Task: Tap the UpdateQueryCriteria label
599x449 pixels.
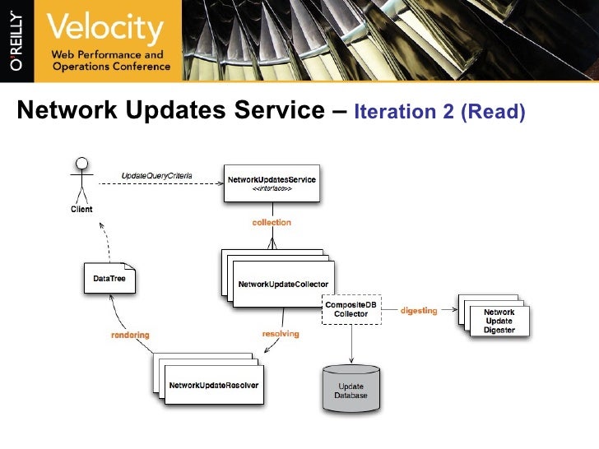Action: (156, 175)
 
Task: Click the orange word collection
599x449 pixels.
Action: (271, 222)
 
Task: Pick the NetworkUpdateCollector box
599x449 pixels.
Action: (284, 284)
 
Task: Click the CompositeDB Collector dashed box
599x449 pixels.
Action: (352, 309)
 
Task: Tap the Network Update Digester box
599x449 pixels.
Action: (499, 321)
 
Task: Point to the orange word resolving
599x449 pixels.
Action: (280, 334)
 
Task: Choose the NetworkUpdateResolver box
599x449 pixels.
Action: (214, 385)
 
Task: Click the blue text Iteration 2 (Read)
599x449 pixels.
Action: (439, 112)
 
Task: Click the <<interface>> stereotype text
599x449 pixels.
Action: (271, 188)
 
